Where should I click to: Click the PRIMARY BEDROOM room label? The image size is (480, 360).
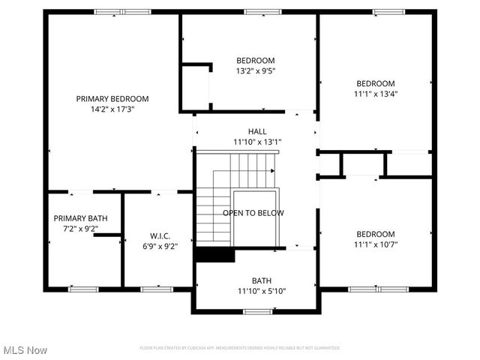(112, 98)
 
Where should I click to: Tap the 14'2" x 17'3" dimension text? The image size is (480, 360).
(112, 109)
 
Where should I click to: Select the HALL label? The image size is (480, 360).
(257, 131)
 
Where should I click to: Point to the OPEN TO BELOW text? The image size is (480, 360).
(253, 213)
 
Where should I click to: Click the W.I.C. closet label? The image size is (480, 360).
(160, 234)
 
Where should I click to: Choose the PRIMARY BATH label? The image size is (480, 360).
(80, 218)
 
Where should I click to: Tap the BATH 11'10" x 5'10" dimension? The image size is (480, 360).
(262, 291)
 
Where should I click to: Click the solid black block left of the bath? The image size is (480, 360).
(214, 255)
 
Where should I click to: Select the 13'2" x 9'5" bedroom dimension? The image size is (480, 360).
(256, 71)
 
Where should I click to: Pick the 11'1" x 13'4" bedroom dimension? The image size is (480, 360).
(375, 94)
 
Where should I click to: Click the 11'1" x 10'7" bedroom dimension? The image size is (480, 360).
(375, 244)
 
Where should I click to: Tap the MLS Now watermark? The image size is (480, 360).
(25, 350)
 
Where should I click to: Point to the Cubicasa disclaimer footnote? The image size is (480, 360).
(240, 348)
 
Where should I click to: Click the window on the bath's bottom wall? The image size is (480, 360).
(257, 310)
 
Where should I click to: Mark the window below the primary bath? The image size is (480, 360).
(83, 289)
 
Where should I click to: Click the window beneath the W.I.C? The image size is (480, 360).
(157, 289)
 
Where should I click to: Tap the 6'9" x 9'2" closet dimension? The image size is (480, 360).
(160, 244)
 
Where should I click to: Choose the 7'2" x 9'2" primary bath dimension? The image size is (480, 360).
(80, 229)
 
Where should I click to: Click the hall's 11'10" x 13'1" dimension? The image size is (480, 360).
(257, 142)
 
